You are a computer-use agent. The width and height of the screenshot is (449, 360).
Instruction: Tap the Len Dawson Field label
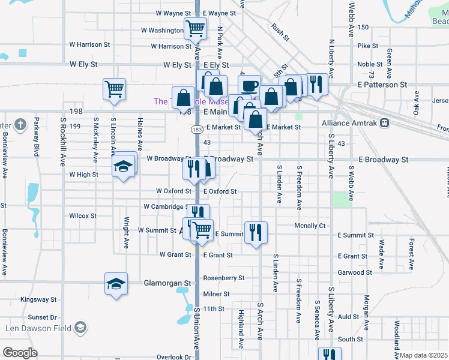[41, 328]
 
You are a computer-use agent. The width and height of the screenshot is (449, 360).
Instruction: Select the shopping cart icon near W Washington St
[195, 28]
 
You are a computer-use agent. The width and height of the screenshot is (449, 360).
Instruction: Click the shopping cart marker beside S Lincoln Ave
[114, 89]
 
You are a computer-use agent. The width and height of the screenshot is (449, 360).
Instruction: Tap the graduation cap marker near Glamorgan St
[116, 283]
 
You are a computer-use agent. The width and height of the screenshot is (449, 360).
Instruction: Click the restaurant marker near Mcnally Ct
[256, 232]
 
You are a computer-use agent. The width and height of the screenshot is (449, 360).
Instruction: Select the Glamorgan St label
[167, 283]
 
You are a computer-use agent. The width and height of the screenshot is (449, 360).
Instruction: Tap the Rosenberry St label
[224, 278]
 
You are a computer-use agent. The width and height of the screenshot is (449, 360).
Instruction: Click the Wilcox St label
[83, 215]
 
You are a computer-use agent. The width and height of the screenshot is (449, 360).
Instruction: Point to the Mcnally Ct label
[310, 226]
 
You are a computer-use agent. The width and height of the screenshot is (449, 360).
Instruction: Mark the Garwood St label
[355, 272]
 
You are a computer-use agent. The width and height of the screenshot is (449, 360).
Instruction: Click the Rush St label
[280, 35]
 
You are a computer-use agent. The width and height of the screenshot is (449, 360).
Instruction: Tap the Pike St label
[367, 46]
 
